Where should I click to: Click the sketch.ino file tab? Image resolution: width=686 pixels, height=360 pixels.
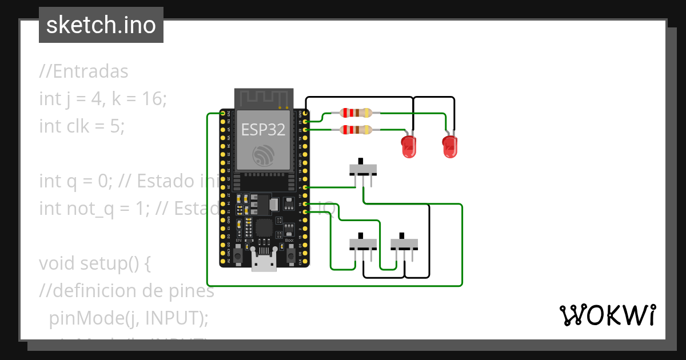point(101,25)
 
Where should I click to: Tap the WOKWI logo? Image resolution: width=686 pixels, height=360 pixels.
point(607,315)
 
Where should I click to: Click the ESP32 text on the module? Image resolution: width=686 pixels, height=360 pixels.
point(264,129)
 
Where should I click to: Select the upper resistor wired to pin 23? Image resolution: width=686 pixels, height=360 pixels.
point(355,113)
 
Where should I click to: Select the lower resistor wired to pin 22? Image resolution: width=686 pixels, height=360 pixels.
point(355,130)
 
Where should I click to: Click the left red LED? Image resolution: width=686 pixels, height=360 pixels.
point(409,147)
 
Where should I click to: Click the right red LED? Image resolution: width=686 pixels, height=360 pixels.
point(450,147)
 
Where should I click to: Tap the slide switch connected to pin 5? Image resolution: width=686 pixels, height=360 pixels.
point(363,170)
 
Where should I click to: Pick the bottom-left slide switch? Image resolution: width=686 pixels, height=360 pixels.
point(363,245)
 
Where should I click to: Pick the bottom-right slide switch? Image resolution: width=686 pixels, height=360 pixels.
point(404,245)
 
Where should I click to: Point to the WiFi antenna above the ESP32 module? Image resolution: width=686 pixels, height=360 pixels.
point(264,98)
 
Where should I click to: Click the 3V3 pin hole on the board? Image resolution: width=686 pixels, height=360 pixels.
point(223,114)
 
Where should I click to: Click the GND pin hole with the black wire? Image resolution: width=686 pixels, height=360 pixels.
point(306,114)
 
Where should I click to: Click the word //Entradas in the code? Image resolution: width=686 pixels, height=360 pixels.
point(84,72)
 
